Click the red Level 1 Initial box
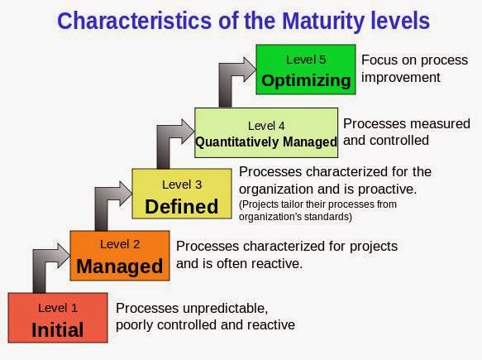[57, 318]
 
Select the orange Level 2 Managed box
[120, 256]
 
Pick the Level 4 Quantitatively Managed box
[265, 133]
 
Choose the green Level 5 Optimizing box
[306, 70]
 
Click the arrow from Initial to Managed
[42, 265]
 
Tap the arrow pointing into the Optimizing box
[232, 79]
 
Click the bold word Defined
[181, 205]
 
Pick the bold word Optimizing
[306, 80]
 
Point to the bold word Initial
[57, 329]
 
